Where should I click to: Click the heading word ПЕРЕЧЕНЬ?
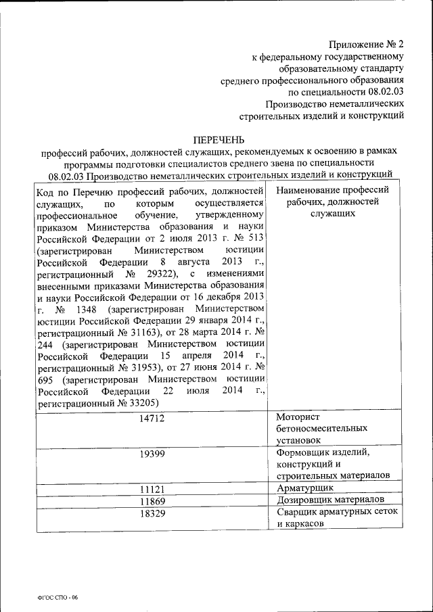pyautogui.click(x=216, y=139)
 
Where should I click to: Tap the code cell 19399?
pyautogui.click(x=152, y=454)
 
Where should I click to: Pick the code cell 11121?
pyautogui.click(x=152, y=489)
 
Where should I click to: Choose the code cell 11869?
pyautogui.click(x=152, y=501)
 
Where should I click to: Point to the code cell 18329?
pyautogui.click(x=152, y=513)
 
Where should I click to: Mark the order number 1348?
pyautogui.click(x=82, y=309)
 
